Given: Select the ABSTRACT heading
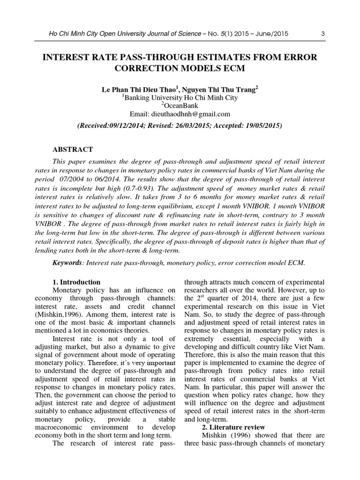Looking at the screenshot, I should pyautogui.click(x=73, y=150).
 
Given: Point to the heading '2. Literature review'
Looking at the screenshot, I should pyautogui.click(x=233, y=427).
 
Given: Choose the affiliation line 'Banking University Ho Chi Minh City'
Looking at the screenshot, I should pyautogui.click(x=181, y=97).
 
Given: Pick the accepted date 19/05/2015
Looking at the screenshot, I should pyautogui.click(x=263, y=126).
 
